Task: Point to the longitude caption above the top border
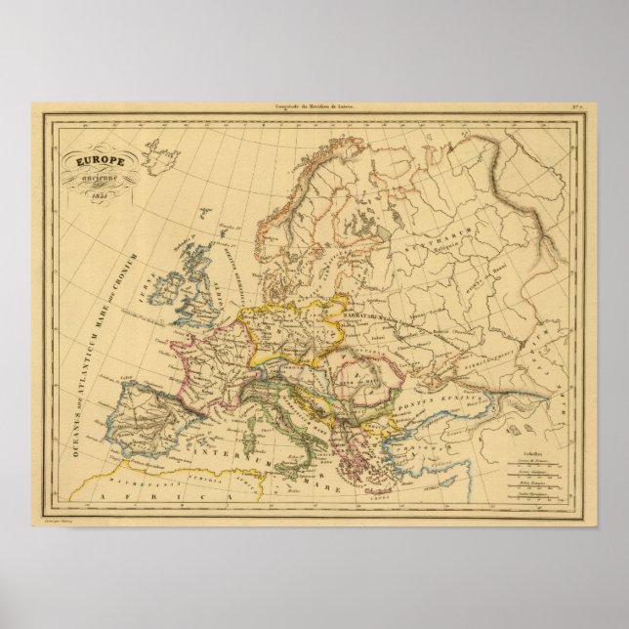pyautogui.click(x=315, y=103)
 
